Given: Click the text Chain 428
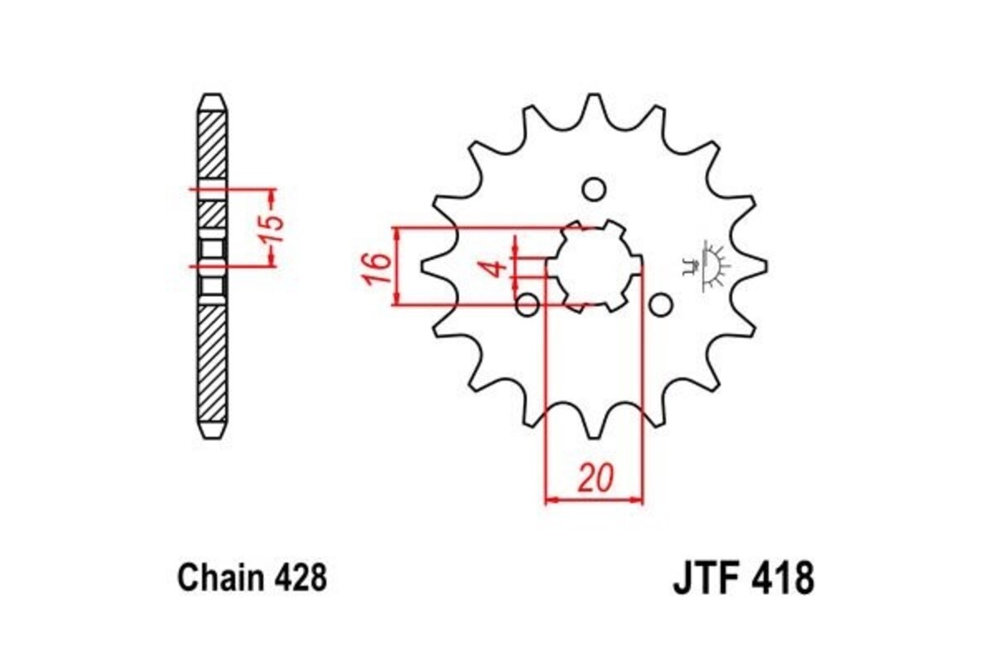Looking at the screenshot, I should coord(252,577).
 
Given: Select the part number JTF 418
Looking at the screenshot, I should coord(742,578).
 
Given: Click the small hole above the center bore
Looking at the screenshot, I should coord(593,189).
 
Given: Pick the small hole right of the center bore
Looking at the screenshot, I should coord(659,306).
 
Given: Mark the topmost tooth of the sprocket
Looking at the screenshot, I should coord(593,106).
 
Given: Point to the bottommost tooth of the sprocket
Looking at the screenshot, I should coord(593,427).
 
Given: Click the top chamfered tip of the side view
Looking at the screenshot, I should coord(212,100).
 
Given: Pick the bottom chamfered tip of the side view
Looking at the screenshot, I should coord(212,432).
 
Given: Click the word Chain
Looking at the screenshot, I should coord(218,577).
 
